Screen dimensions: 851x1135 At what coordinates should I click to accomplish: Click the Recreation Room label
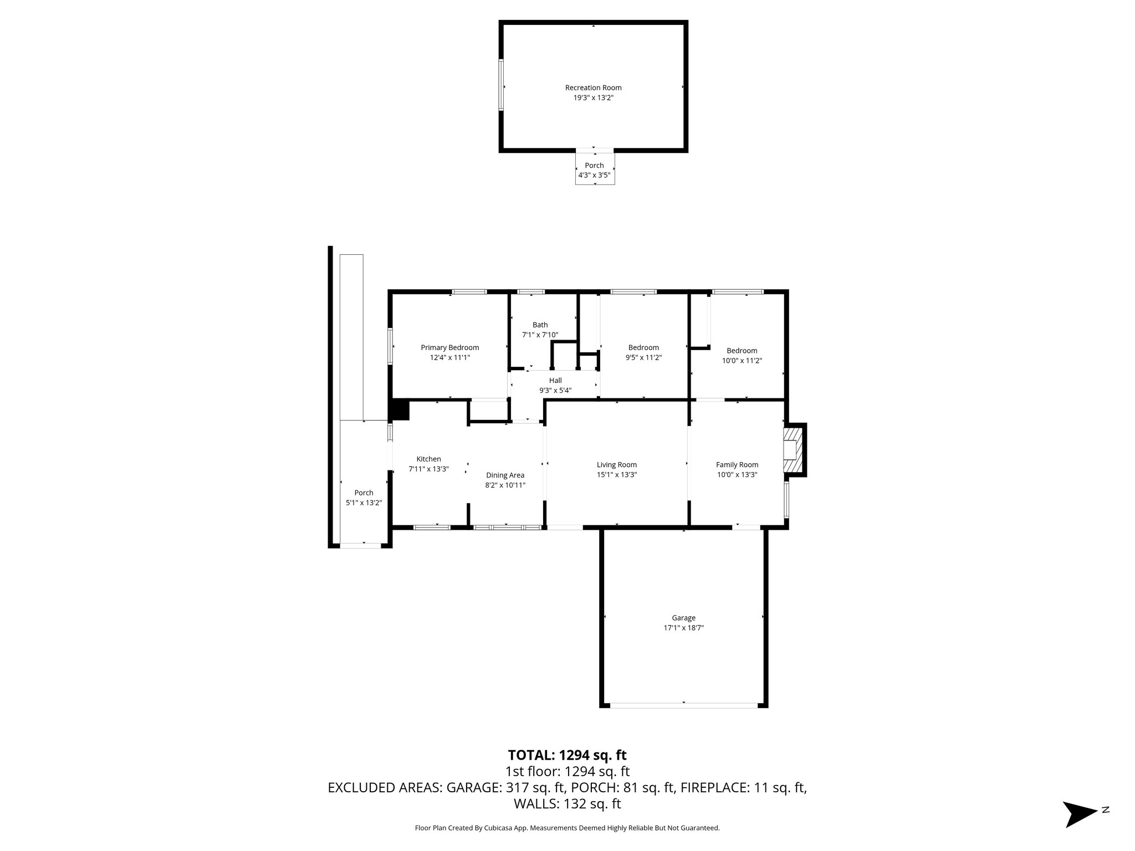pos(593,88)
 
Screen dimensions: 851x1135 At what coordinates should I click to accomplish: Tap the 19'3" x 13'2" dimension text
pos(593,98)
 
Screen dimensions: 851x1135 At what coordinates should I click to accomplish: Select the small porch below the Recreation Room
pos(595,170)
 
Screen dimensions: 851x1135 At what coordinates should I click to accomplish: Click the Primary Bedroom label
pos(449,347)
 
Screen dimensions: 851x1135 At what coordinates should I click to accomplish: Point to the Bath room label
pos(540,325)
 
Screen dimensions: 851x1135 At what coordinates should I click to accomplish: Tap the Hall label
pos(555,380)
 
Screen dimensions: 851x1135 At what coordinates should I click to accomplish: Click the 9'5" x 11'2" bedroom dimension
pos(643,358)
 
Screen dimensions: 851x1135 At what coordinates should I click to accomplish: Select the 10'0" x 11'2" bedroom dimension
pos(742,361)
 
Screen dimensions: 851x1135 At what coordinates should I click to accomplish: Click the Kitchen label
pos(428,459)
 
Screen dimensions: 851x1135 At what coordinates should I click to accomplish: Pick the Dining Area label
pos(505,475)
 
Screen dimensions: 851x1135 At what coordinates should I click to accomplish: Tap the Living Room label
pos(616,465)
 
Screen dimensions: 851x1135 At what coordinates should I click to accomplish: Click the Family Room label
pos(737,465)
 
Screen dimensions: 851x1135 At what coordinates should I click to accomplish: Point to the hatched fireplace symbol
pos(794,449)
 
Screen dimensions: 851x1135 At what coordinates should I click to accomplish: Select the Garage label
pos(683,618)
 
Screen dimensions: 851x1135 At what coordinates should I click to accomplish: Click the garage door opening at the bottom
pos(683,705)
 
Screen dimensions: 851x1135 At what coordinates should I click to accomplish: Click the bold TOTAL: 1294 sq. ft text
pos(567,755)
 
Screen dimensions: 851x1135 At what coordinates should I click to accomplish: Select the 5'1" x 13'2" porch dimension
pos(364,503)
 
